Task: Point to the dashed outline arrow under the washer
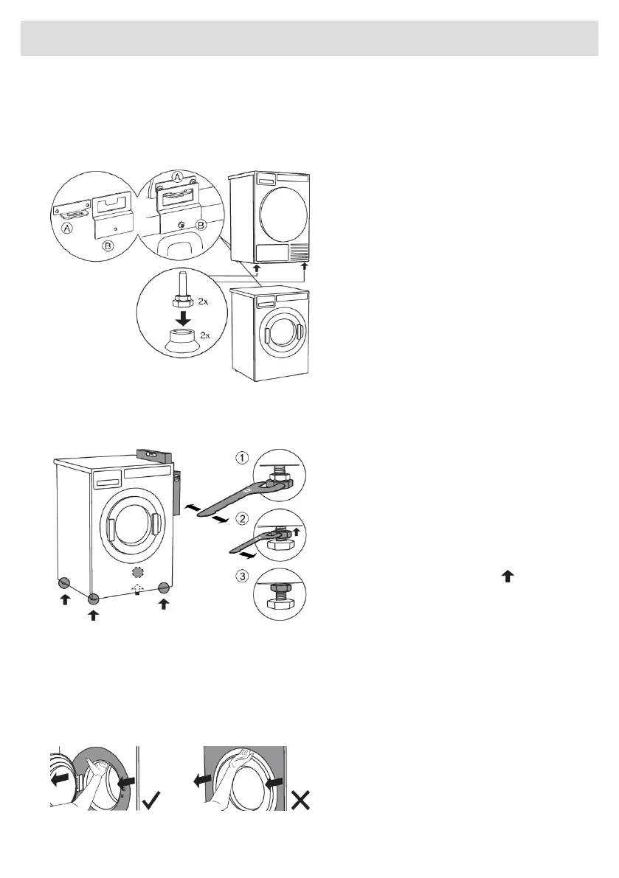tap(135, 588)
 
